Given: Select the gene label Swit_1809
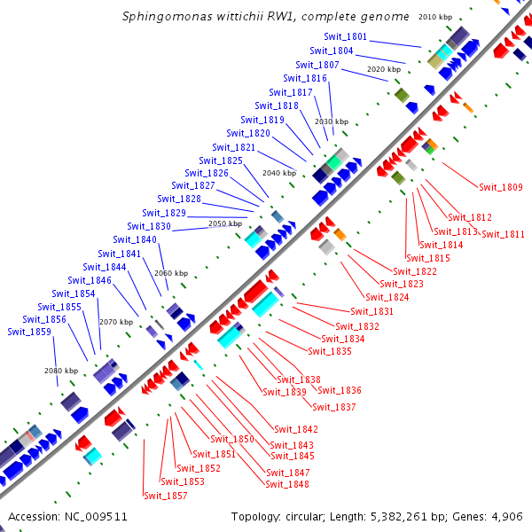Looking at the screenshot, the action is click(501, 187).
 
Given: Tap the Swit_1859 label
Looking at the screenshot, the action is click(29, 332).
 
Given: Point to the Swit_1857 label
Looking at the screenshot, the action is click(166, 496).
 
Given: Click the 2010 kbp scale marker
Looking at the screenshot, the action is click(435, 17).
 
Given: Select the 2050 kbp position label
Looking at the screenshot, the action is click(224, 224).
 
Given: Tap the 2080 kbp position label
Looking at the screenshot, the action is click(60, 371).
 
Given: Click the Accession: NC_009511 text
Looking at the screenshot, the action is click(68, 516).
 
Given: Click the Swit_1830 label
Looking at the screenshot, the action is click(149, 226).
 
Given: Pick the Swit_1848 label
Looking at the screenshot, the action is click(287, 484).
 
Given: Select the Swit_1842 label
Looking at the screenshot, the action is click(296, 429).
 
